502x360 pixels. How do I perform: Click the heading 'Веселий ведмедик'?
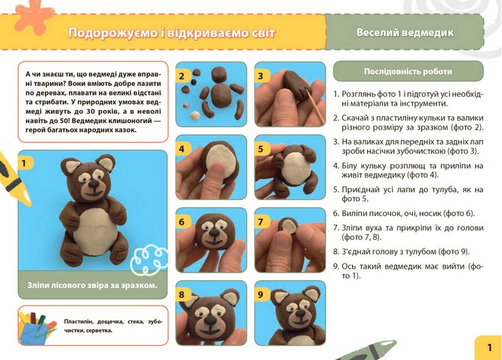(405, 33)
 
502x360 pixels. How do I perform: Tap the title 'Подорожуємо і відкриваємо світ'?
(171, 33)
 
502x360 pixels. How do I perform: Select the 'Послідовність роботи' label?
(408, 71)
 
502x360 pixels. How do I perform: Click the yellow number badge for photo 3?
(260, 76)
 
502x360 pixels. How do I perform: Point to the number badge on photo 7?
(260, 222)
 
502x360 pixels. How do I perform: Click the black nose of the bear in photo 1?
(93, 184)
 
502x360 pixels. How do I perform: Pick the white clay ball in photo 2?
(195, 115)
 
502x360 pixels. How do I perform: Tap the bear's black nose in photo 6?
(213, 233)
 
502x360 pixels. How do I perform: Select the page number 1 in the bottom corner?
(489, 347)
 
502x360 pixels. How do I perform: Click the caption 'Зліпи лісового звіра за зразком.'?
(92, 285)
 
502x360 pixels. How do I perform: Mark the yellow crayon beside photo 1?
(13, 180)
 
